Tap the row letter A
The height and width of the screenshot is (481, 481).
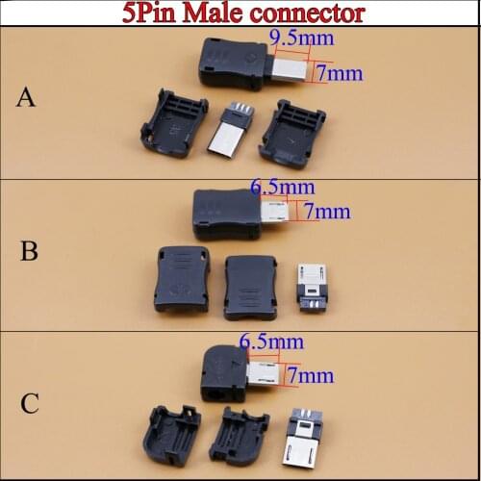[27, 97]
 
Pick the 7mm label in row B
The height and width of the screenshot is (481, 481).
[326, 211]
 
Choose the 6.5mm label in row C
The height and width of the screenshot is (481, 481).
[271, 342]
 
